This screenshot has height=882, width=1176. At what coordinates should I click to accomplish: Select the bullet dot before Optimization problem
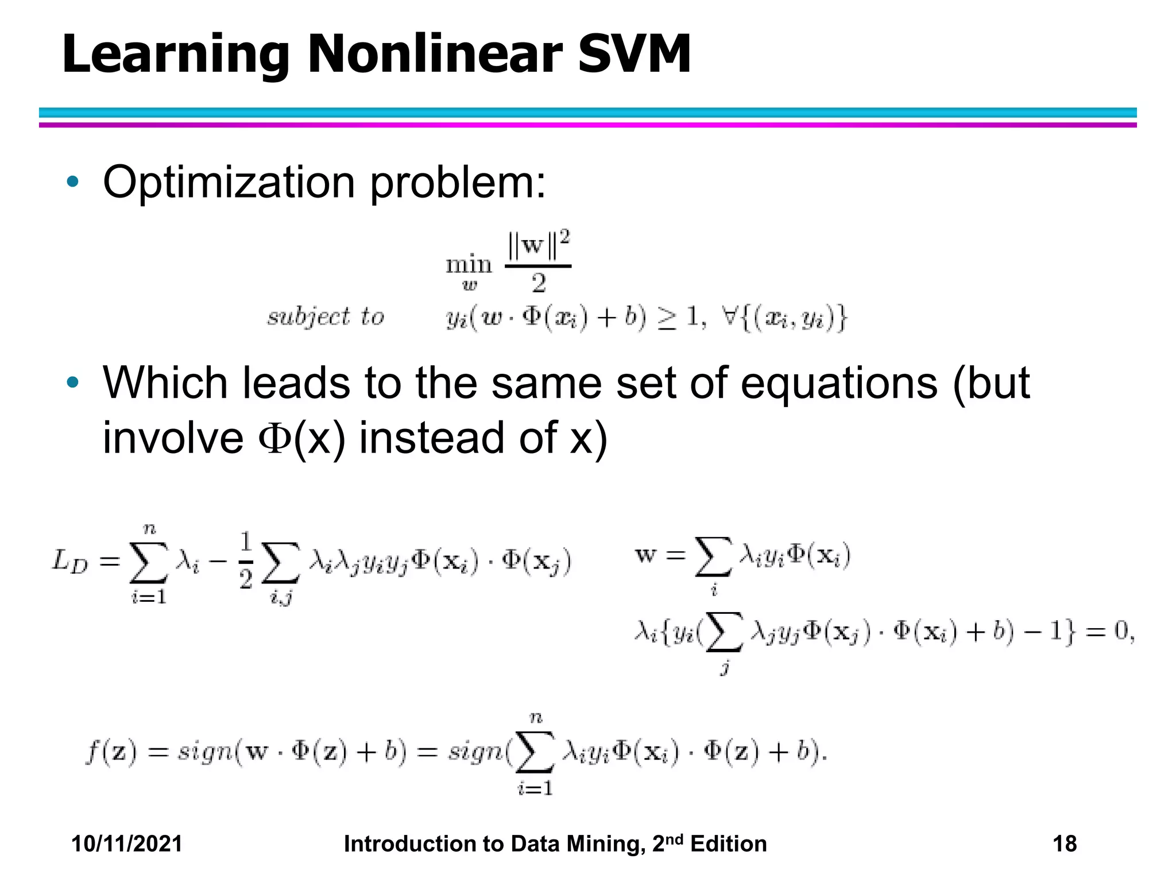[x=72, y=182]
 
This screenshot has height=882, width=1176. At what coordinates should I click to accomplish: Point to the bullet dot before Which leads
[x=72, y=382]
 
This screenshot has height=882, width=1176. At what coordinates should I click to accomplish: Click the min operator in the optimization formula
[x=469, y=265]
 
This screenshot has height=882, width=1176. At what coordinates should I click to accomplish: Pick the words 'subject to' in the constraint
[x=326, y=316]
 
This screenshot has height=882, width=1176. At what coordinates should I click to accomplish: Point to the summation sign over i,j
[x=280, y=562]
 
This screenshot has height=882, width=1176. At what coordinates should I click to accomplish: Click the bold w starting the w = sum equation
[x=645, y=555]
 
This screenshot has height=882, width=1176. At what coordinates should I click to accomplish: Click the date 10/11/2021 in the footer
[x=126, y=844]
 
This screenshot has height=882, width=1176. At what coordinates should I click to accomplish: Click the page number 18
[x=1064, y=844]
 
